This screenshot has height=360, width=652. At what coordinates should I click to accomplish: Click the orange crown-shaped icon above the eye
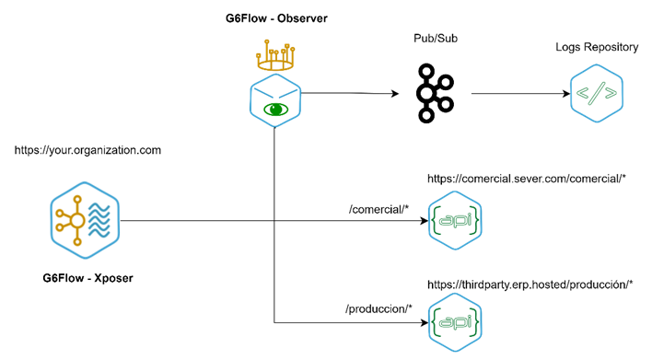(x=274, y=57)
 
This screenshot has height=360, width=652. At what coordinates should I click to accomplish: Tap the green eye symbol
(x=275, y=110)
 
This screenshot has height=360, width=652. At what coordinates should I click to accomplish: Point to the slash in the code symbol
(x=597, y=93)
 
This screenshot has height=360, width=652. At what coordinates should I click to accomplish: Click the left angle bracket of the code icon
(x=583, y=93)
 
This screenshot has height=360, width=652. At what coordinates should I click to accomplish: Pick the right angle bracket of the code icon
(x=611, y=93)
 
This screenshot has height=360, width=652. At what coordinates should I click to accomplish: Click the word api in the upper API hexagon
(x=455, y=221)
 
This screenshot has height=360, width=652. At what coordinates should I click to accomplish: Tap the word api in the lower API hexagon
(x=455, y=322)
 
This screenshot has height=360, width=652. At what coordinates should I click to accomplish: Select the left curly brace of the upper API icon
(x=436, y=221)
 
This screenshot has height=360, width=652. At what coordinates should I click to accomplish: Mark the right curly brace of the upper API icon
(x=475, y=221)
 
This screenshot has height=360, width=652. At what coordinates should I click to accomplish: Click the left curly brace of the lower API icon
(x=436, y=322)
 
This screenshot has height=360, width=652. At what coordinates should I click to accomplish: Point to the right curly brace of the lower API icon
(x=475, y=322)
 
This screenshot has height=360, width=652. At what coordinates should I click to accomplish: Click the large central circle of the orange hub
(x=77, y=220)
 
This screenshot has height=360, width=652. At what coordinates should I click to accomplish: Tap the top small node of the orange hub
(x=77, y=199)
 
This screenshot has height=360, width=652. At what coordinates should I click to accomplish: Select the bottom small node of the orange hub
(x=77, y=242)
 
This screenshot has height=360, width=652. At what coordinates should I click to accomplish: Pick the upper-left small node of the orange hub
(x=60, y=213)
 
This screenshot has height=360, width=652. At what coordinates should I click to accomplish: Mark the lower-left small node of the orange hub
(x=60, y=227)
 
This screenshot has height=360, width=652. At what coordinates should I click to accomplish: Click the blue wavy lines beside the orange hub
(x=99, y=221)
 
